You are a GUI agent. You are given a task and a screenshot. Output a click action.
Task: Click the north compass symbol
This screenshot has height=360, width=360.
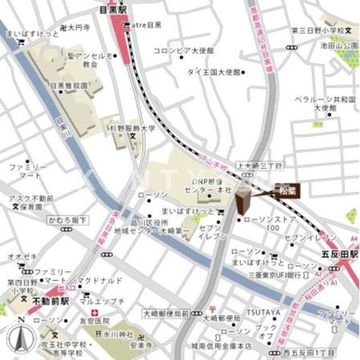click(17, 341)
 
